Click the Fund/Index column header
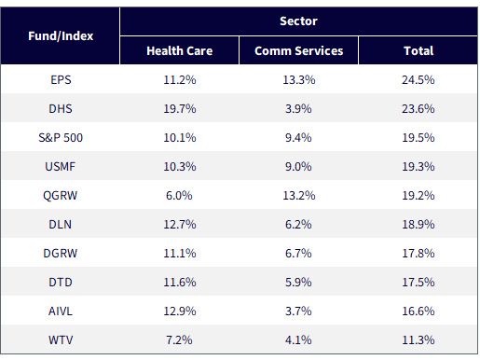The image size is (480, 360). click(x=61, y=36)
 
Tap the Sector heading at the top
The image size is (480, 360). click(x=298, y=21)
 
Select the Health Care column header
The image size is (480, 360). click(x=180, y=50)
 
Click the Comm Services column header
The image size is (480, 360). click(x=299, y=50)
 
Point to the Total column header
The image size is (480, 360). click(x=418, y=50)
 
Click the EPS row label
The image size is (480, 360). click(x=61, y=80)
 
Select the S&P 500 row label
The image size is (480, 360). click(x=61, y=138)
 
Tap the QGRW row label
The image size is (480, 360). click(x=61, y=196)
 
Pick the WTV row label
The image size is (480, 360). click(x=61, y=340)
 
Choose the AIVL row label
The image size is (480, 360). click(x=61, y=312)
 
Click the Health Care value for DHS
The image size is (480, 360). click(x=180, y=109)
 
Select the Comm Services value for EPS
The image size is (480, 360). click(x=299, y=80)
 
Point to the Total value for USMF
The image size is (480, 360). click(x=418, y=167)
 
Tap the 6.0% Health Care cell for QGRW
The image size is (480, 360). click(x=179, y=196)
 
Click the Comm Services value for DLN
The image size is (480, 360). click(x=298, y=225)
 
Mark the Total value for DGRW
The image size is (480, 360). click(x=418, y=254)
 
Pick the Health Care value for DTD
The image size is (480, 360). click(x=180, y=283)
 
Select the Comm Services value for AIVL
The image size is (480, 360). click(x=298, y=312)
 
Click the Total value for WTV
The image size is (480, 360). click(x=418, y=340)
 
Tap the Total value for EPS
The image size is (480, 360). click(x=418, y=80)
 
